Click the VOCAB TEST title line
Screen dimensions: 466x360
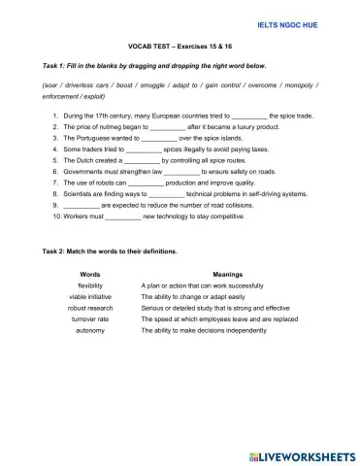180,46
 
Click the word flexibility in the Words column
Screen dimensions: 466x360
96,286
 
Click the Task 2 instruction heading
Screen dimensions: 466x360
110,251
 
